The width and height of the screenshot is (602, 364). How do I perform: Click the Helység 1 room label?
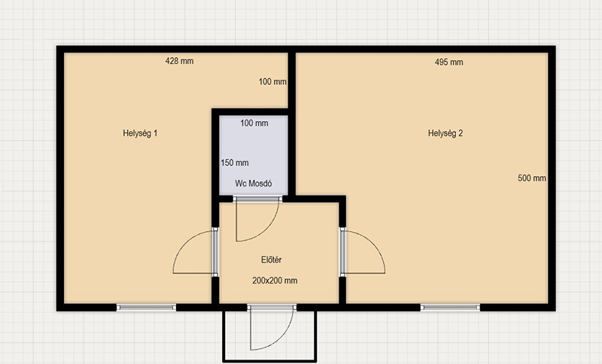click(140, 133)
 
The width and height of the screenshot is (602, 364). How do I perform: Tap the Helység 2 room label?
click(445, 133)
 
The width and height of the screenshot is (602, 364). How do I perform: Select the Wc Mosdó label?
click(254, 184)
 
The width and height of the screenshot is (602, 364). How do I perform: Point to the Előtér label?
click(272, 259)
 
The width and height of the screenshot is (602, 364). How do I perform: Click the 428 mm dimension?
click(179, 61)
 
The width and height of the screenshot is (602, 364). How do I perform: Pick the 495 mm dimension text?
click(448, 62)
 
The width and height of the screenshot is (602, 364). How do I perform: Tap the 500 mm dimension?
click(532, 178)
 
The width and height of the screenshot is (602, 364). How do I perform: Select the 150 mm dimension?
click(235, 162)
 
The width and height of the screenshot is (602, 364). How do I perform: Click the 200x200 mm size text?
click(275, 281)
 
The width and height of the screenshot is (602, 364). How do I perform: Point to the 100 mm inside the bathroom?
click(254, 123)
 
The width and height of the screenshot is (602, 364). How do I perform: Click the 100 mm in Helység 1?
click(272, 81)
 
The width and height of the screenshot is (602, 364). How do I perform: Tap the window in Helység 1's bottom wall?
click(146, 308)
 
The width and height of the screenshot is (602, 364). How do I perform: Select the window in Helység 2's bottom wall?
click(450, 308)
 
